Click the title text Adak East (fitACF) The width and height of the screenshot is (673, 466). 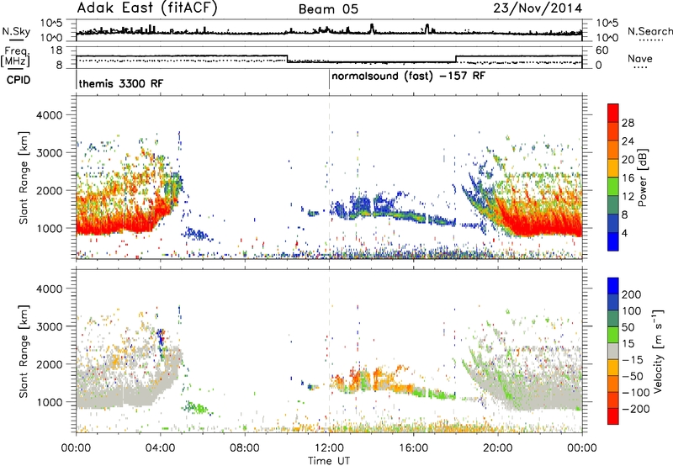[x=147, y=8]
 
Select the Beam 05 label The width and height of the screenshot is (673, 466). [x=328, y=9]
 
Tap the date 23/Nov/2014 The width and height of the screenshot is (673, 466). [x=538, y=8]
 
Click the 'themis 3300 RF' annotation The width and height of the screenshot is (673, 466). [x=121, y=83]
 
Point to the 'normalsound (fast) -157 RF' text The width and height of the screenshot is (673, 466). [x=408, y=77]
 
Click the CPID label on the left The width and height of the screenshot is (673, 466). [x=19, y=80]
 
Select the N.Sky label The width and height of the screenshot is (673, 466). [x=16, y=32]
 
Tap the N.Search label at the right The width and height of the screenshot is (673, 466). [x=649, y=31]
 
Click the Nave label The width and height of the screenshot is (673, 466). [x=640, y=59]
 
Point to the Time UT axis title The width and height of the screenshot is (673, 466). [x=329, y=461]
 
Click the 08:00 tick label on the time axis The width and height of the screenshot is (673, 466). [x=245, y=448]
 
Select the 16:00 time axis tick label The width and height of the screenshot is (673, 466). [x=413, y=448]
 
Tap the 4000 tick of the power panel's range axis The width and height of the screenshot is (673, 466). [x=49, y=115]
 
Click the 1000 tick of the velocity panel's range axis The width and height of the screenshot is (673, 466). [x=49, y=402]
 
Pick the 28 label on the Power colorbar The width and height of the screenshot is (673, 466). [x=628, y=123]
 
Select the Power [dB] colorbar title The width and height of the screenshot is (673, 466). [x=642, y=177]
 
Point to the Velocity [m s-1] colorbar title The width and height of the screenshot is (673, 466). [x=657, y=351]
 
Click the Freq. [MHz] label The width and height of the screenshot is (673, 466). [x=15, y=56]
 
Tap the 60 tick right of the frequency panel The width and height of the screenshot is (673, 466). [x=602, y=50]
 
